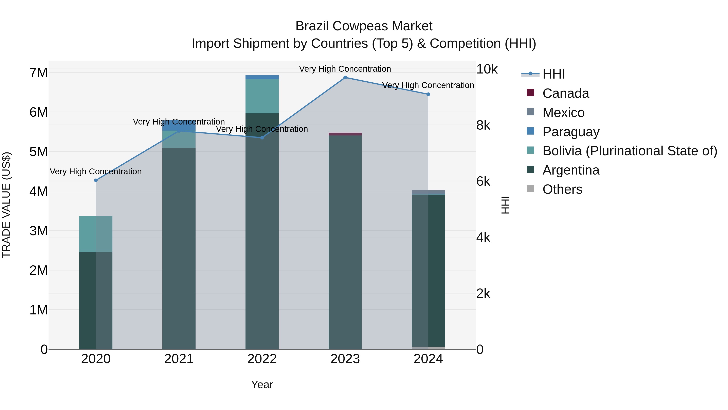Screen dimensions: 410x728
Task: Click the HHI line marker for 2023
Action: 345,78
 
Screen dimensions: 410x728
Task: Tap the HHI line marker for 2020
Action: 96,180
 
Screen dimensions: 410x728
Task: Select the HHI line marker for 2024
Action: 428,94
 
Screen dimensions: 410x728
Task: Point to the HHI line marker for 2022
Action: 262,138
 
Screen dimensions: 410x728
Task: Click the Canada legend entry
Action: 565,93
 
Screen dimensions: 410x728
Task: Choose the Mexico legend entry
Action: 563,113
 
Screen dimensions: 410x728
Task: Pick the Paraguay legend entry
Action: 571,132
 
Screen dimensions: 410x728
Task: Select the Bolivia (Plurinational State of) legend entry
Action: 630,151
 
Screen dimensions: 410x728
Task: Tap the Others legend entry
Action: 562,189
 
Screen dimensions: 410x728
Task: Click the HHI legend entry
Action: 553,74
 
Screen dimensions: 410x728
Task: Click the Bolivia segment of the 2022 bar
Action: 262,96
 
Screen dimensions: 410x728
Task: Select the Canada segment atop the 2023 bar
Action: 345,134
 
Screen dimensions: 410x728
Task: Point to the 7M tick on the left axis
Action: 38,73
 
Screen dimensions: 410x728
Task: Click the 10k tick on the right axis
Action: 487,69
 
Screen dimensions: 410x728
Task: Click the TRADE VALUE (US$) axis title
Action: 6,205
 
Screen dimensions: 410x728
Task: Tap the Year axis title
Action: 262,384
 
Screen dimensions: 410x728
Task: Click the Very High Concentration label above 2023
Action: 345,69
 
